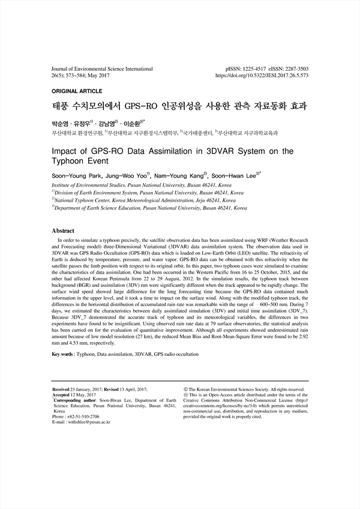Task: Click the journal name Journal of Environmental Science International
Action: point(103,70)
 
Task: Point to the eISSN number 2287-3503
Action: point(293,70)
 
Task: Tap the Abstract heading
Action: point(63,230)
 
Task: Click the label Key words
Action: point(62,355)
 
